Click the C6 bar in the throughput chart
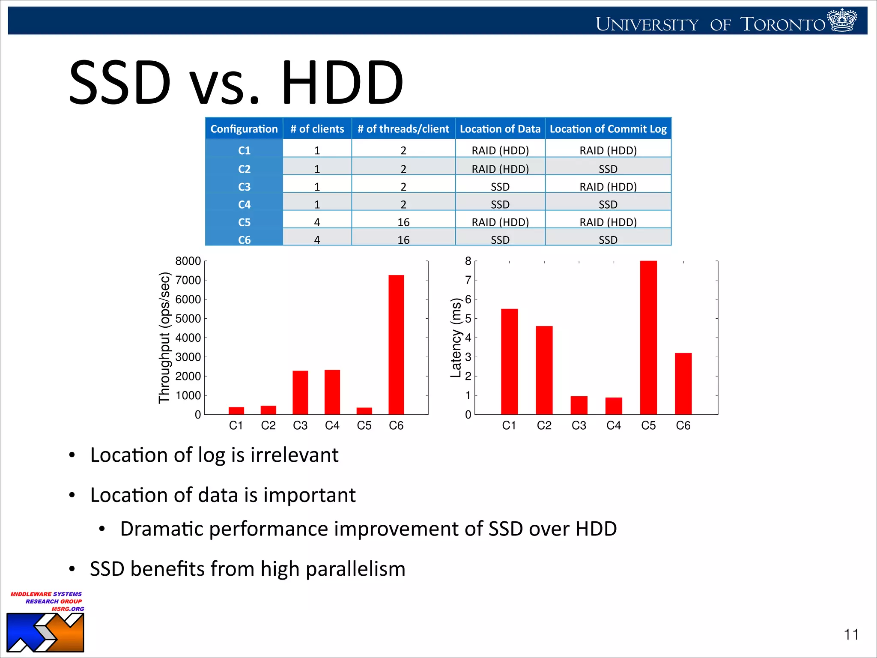tap(396, 344)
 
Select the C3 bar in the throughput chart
tap(300, 392)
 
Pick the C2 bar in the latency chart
tap(544, 370)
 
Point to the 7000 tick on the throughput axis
tap(188, 280)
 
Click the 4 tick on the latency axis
tap(468, 338)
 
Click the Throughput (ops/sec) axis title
tap(164, 338)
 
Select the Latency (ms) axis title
tap(456, 338)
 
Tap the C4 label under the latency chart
tap(613, 425)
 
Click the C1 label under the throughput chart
tap(236, 425)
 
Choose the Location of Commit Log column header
tap(608, 129)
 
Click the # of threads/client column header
tap(403, 129)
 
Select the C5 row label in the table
tap(244, 222)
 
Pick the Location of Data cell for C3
tap(500, 187)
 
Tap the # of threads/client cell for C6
tap(403, 240)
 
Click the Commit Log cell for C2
tap(608, 169)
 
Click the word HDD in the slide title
tap(343, 82)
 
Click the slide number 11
tap(851, 634)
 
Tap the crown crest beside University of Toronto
tap(842, 20)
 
